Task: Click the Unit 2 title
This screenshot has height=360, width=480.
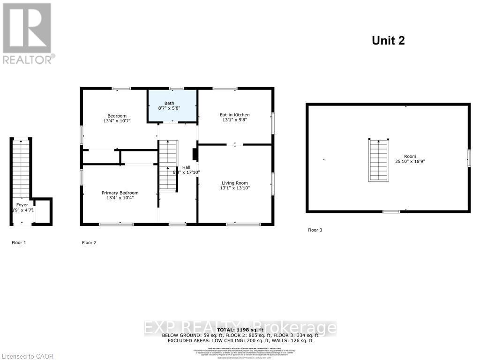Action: click(388, 40)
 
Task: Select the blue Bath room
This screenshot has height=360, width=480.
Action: click(172, 106)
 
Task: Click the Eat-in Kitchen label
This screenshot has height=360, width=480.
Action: click(235, 115)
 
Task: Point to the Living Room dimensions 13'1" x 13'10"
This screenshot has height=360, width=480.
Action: click(235, 188)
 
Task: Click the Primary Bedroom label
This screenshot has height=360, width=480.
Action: click(120, 193)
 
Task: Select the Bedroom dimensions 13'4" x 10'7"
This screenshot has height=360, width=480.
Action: click(117, 121)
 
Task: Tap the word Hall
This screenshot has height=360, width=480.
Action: click(186, 167)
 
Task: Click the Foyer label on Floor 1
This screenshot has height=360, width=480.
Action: click(22, 205)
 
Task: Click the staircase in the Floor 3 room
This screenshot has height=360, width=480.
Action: click(378, 160)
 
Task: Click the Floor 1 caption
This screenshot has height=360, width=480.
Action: click(19, 243)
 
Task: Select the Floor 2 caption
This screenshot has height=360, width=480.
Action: click(89, 243)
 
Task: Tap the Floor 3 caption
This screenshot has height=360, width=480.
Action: click(315, 230)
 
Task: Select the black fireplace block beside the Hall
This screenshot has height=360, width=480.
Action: click(195, 155)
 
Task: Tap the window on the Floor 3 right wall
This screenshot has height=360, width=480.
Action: click(468, 158)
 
